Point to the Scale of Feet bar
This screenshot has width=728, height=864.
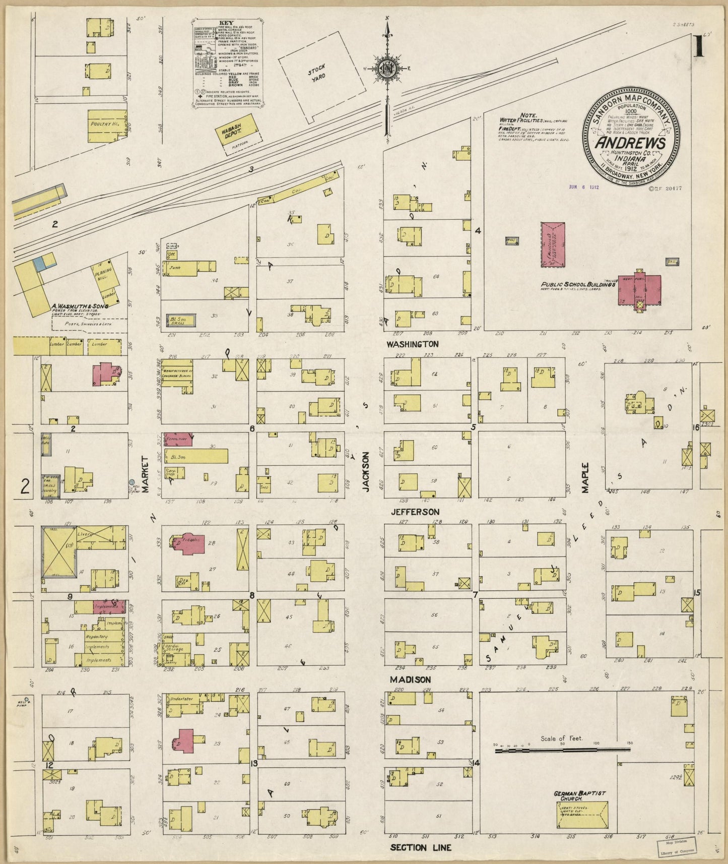pos(562,750)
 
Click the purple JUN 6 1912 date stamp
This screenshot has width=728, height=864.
pos(583,186)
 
